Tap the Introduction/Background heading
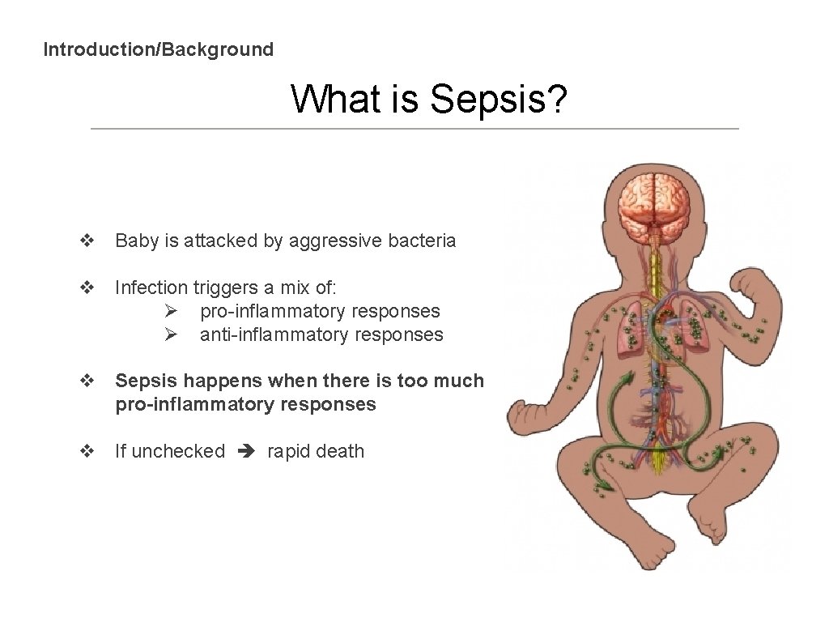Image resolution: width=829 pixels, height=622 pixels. coord(159,49)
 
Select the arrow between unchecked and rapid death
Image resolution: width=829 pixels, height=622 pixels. coord(246,452)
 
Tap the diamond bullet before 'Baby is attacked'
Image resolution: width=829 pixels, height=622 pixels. coord(86,241)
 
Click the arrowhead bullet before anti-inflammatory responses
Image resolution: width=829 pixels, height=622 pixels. coord(170,334)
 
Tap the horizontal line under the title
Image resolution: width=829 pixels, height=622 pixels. coord(414,129)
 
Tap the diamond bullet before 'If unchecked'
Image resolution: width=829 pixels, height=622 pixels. coord(86,451)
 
